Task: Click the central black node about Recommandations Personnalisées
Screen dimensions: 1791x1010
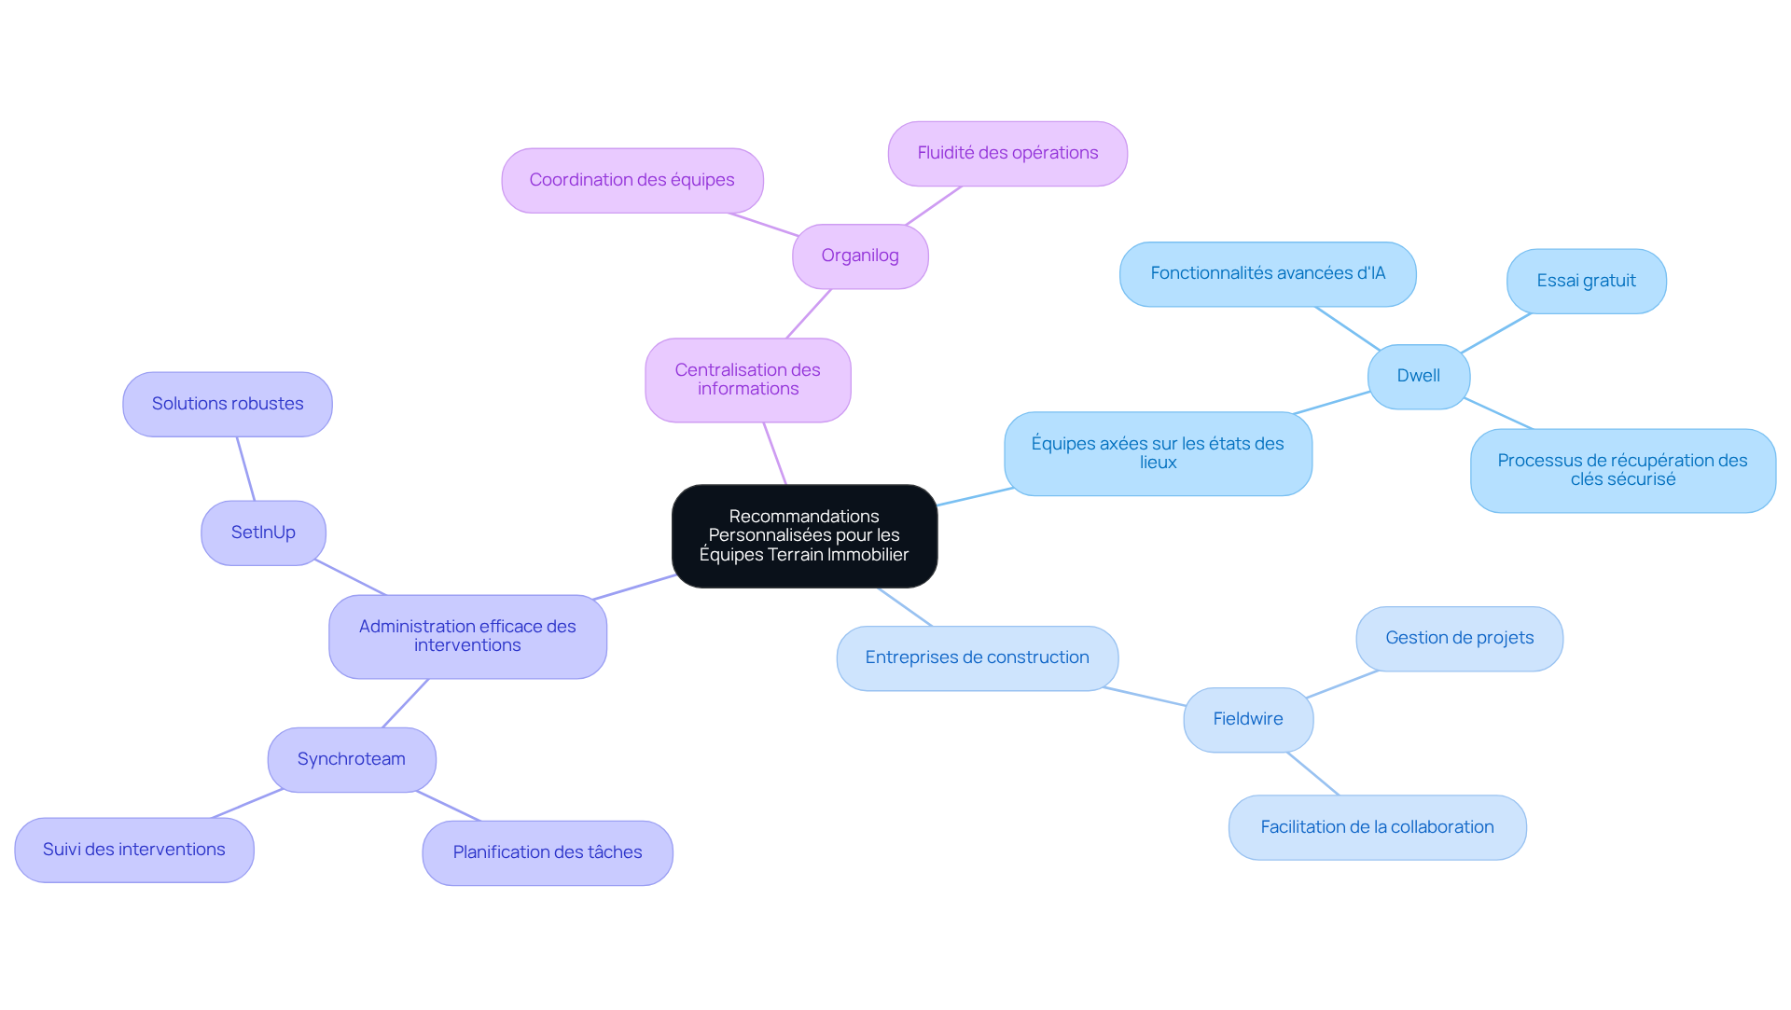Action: click(x=804, y=536)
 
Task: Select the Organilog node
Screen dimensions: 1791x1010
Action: click(x=860, y=256)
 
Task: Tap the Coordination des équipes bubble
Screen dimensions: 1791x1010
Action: click(x=632, y=181)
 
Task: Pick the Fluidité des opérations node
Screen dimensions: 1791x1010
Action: click(x=1007, y=154)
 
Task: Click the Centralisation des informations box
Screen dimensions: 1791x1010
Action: click(x=748, y=380)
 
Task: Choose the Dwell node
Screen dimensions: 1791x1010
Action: click(x=1419, y=377)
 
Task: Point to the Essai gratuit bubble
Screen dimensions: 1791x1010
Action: click(x=1587, y=282)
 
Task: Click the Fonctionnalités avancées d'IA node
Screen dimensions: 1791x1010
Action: click(x=1268, y=274)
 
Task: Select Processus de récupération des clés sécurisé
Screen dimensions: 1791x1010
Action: click(x=1623, y=471)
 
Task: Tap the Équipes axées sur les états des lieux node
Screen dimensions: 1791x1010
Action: click(x=1158, y=454)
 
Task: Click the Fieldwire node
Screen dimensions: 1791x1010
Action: click(x=1248, y=720)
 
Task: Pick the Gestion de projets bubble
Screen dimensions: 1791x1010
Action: click(x=1460, y=639)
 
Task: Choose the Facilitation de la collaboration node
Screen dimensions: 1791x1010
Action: click(x=1378, y=828)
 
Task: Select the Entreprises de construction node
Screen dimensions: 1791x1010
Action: click(x=978, y=658)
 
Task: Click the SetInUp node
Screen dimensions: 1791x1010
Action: click(x=263, y=533)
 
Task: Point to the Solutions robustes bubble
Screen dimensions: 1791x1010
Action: click(x=228, y=405)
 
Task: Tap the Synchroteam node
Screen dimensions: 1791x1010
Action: click(x=352, y=760)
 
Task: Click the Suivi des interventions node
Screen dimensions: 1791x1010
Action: click(x=134, y=851)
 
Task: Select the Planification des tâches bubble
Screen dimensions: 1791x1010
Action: click(x=548, y=853)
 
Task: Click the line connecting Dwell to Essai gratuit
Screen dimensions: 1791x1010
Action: click(x=1496, y=333)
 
